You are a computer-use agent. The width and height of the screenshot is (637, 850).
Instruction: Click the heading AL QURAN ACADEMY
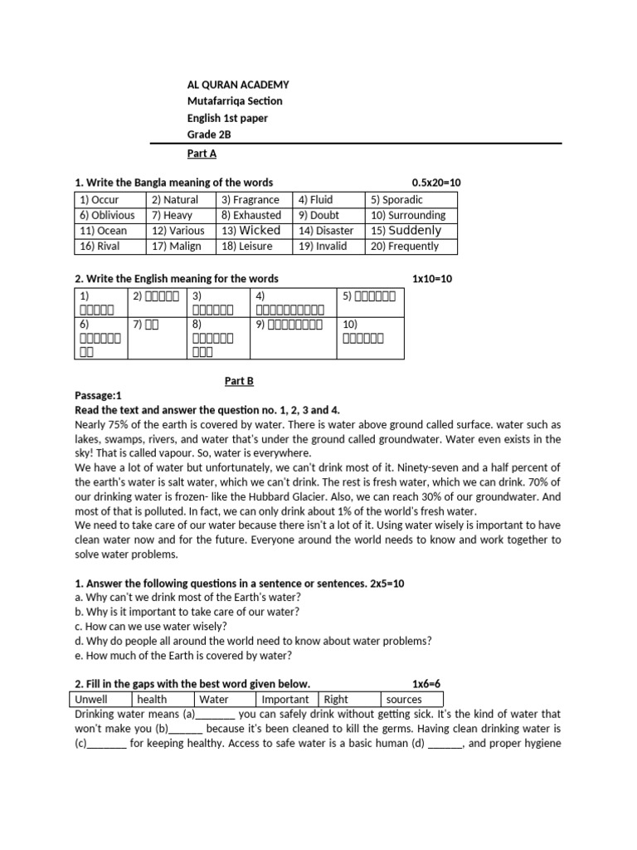pyautogui.click(x=238, y=85)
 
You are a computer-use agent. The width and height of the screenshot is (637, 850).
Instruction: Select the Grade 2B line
pyautogui.click(x=208, y=134)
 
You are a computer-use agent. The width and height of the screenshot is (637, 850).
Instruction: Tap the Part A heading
pyautogui.click(x=202, y=154)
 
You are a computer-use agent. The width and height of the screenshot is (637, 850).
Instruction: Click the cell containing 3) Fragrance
pyautogui.click(x=250, y=200)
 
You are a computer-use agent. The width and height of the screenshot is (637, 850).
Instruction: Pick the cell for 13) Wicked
pyautogui.click(x=250, y=231)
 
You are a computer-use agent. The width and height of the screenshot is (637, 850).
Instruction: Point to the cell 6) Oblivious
pyautogui.click(x=107, y=215)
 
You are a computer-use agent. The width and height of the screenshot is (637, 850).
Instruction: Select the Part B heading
pyautogui.click(x=239, y=381)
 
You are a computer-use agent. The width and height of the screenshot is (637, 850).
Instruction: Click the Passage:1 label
pyautogui.click(x=98, y=396)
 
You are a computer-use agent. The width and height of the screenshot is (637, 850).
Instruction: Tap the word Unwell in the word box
pyautogui.click(x=91, y=700)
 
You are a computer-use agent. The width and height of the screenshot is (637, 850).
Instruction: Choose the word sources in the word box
pyautogui.click(x=404, y=700)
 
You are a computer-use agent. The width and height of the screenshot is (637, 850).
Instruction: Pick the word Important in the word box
pyautogui.click(x=284, y=700)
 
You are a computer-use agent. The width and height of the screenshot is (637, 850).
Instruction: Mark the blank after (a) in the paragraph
pyautogui.click(x=216, y=715)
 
